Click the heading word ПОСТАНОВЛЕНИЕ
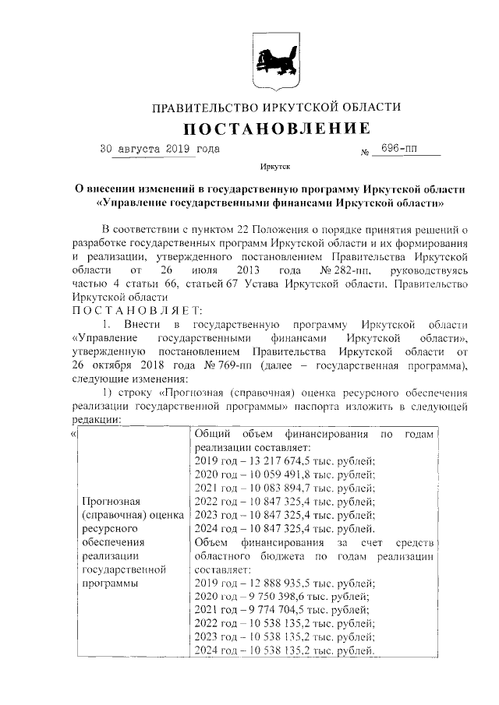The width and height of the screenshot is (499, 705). (x=276, y=127)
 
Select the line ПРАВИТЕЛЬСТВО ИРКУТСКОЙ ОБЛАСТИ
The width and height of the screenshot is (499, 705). (x=276, y=106)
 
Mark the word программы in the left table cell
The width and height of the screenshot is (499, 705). (x=111, y=582)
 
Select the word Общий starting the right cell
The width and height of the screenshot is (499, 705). (x=211, y=434)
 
